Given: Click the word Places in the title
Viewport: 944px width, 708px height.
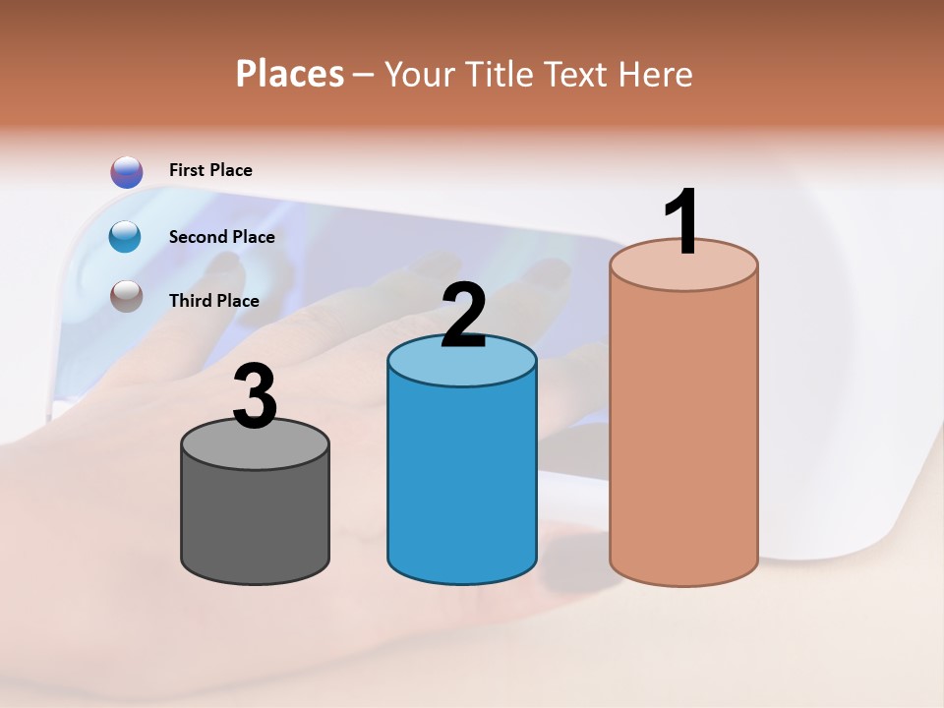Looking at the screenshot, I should tap(290, 74).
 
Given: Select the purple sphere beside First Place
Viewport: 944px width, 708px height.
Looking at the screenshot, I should tap(127, 172).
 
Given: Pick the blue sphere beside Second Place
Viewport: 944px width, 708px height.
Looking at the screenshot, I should tap(126, 237).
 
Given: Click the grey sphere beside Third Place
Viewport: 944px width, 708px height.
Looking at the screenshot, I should tap(126, 295).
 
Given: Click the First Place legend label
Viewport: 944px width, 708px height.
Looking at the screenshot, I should tap(210, 170).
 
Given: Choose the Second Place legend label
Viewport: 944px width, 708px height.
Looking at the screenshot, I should tap(221, 237).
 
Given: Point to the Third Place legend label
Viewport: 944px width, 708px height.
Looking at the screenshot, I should tap(213, 301).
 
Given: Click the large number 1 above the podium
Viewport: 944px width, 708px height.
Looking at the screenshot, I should tap(682, 222).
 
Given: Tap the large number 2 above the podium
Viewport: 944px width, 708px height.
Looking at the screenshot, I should tap(463, 316).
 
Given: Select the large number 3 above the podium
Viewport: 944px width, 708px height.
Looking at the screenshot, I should tap(255, 396).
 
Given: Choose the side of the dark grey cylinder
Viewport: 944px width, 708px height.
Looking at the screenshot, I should tap(255, 521).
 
